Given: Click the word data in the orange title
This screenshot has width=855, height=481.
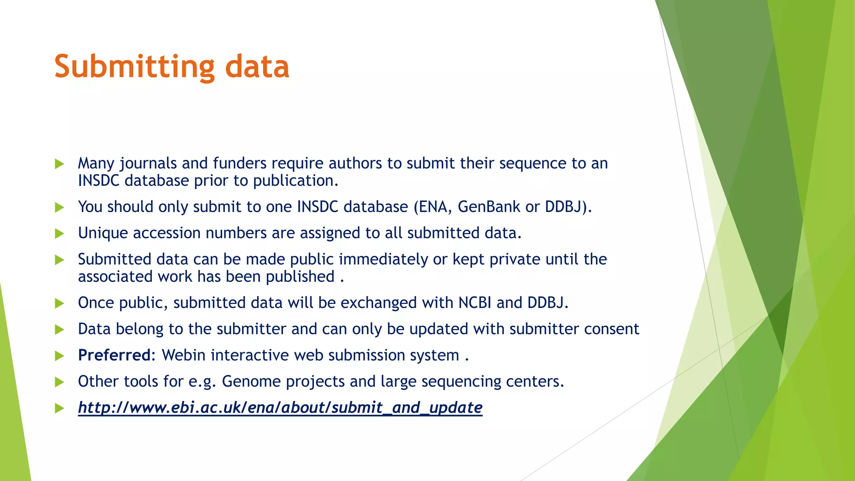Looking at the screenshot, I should click(x=257, y=67).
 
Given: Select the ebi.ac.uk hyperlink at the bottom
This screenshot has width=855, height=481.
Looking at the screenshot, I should click(x=280, y=408).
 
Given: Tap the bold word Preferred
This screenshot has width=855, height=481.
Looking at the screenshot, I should click(x=114, y=355).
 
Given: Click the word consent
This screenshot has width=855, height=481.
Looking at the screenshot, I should click(x=611, y=329).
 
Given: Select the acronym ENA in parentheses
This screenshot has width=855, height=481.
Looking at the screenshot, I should click(x=435, y=207).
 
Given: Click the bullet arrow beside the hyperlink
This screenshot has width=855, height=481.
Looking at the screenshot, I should click(x=59, y=408).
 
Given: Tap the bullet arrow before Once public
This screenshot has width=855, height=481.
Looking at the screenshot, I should click(x=59, y=303).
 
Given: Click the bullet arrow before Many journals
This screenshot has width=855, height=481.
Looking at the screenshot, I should click(x=59, y=164).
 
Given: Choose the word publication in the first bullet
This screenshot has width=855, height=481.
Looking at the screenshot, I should click(x=295, y=181).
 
